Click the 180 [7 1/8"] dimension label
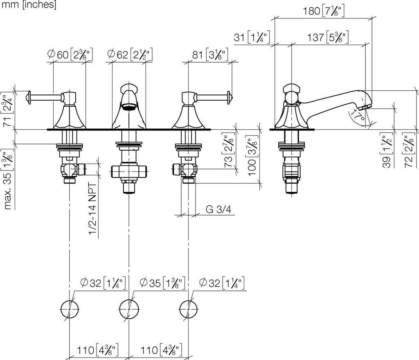pyautogui.click(x=324, y=11)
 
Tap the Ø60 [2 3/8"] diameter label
pyautogui.click(x=70, y=55)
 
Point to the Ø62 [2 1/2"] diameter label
pyautogui.click(x=130, y=55)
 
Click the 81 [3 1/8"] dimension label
pyautogui.click(x=210, y=55)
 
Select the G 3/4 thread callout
pyautogui.click(x=219, y=209)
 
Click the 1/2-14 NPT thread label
pyautogui.click(x=93, y=209)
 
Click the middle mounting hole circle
pyautogui.click(x=129, y=309)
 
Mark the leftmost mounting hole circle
pyautogui.click(x=70, y=309)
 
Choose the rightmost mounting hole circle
pyautogui.click(x=189, y=309)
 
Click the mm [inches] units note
pyautogui.click(x=29, y=4)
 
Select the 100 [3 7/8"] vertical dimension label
pyautogui.click(x=252, y=155)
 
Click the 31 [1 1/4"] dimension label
pyautogui.click(x=252, y=37)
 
